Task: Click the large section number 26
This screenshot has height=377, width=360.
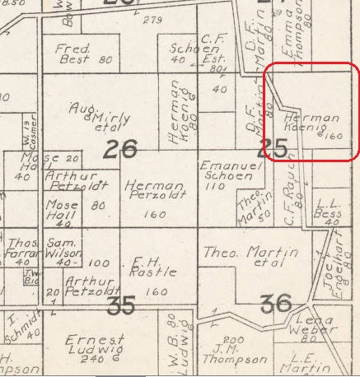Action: click(120, 150)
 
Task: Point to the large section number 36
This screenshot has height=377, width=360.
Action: click(275, 304)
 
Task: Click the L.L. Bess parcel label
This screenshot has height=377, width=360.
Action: click(329, 207)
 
